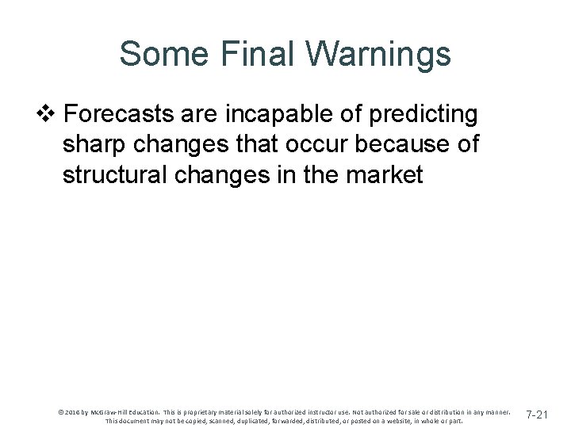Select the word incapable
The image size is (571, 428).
tap(266, 115)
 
